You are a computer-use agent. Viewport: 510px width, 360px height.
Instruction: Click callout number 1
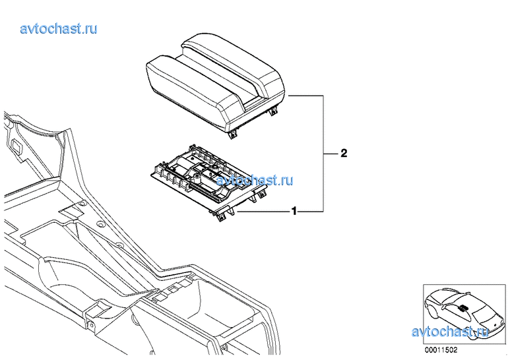tap(294, 212)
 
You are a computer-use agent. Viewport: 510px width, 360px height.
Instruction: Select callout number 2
tap(344, 153)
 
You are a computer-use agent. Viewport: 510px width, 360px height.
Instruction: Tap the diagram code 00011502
tap(441, 350)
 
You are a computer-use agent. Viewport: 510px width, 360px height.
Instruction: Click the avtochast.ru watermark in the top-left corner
tap(59, 28)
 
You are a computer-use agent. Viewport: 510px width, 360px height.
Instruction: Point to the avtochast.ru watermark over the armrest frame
tap(255, 180)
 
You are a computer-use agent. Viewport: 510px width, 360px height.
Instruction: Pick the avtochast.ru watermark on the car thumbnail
tap(450, 332)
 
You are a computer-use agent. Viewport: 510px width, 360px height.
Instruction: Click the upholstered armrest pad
tap(215, 83)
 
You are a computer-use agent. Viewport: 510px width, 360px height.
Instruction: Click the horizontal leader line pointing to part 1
tap(264, 212)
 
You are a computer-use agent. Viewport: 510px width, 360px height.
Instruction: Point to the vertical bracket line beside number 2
tap(323, 154)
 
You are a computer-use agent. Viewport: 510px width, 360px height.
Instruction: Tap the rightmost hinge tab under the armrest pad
tap(274, 111)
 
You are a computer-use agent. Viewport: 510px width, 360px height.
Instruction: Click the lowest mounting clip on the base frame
tap(222, 217)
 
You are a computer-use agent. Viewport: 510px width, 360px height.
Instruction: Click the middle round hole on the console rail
tap(101, 225)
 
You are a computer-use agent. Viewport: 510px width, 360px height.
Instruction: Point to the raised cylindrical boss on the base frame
tap(197, 178)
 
